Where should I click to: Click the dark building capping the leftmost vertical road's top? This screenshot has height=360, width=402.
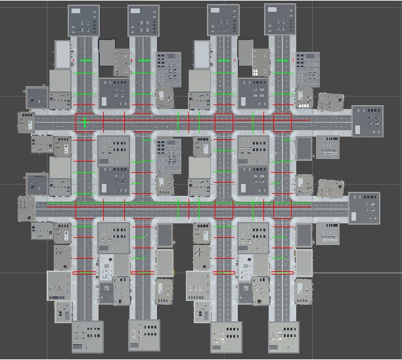click(x=83, y=20)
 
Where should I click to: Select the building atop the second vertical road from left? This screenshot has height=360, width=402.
click(x=144, y=21)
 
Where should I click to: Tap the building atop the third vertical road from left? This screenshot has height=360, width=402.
click(x=223, y=20)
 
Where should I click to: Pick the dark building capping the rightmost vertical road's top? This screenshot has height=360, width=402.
click(x=280, y=20)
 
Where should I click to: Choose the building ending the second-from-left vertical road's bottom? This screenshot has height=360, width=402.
click(x=145, y=336)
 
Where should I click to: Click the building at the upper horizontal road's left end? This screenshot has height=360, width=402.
click(x=26, y=122)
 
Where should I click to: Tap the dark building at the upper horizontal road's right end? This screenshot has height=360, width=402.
click(x=367, y=122)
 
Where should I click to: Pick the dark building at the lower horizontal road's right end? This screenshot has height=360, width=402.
click(x=364, y=208)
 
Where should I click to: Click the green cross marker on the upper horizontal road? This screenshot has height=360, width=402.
click(x=85, y=122)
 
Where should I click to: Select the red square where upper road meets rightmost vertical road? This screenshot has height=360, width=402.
click(x=282, y=122)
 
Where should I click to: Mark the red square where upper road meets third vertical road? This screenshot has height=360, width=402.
click(x=225, y=122)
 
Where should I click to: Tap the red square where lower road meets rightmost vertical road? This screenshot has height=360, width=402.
click(x=282, y=209)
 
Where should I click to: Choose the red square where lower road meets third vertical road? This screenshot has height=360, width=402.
click(x=225, y=209)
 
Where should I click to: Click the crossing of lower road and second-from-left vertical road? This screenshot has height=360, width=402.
click(x=143, y=209)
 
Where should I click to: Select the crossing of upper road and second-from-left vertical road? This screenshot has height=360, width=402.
click(x=143, y=122)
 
